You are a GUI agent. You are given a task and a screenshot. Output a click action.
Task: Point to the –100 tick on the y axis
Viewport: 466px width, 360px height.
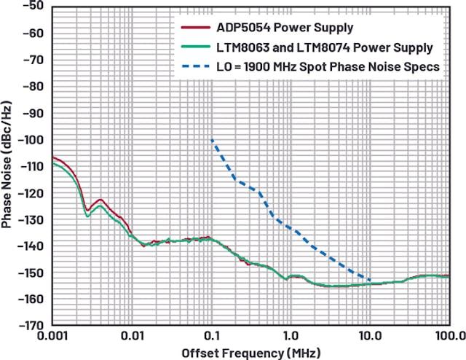click(31, 140)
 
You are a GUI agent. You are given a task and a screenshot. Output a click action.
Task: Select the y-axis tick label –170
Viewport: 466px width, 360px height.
click(31, 326)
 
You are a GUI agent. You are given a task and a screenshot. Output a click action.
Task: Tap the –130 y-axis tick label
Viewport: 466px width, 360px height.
click(31, 219)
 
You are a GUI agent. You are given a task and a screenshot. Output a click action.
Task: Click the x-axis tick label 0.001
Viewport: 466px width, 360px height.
click(52, 336)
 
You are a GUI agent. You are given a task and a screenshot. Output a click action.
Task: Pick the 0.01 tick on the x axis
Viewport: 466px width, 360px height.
click(132, 336)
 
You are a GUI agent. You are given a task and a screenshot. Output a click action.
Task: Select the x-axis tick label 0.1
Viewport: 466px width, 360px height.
click(211, 336)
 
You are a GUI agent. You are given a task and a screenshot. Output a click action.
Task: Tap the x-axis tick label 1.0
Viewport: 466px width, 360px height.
click(290, 336)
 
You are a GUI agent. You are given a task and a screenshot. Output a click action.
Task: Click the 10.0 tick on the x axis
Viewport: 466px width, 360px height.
click(370, 336)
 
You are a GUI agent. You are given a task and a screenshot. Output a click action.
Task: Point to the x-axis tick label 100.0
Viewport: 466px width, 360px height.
click(449, 336)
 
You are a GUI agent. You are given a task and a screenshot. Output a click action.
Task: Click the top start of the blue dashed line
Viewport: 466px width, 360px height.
click(212, 140)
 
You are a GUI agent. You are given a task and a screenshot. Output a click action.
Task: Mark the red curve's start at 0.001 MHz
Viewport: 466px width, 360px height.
click(52, 157)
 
